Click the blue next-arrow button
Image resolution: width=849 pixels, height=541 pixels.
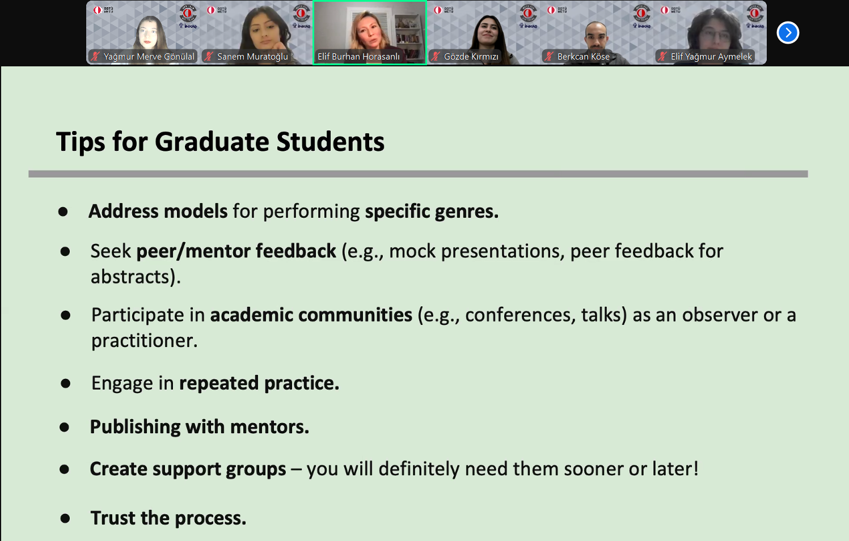click(x=788, y=32)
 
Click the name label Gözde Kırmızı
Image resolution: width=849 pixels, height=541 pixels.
click(x=471, y=57)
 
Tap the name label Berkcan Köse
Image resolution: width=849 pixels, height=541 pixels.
click(x=584, y=57)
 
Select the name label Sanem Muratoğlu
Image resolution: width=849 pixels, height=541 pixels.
click(x=252, y=57)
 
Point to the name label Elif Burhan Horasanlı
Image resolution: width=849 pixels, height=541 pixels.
click(x=358, y=57)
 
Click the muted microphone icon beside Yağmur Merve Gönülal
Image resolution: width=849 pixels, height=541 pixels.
click(x=95, y=57)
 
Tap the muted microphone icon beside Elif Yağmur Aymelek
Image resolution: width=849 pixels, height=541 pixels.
click(x=662, y=57)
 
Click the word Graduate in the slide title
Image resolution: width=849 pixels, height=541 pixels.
click(x=212, y=142)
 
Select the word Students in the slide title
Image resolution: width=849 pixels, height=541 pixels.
click(x=330, y=142)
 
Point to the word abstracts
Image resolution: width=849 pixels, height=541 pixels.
click(x=136, y=276)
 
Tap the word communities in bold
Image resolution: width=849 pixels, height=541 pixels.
click(x=355, y=315)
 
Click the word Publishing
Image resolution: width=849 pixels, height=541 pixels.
click(x=135, y=428)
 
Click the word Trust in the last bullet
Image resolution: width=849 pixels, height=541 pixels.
click(x=113, y=518)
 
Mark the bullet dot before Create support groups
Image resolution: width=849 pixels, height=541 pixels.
click(x=65, y=470)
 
